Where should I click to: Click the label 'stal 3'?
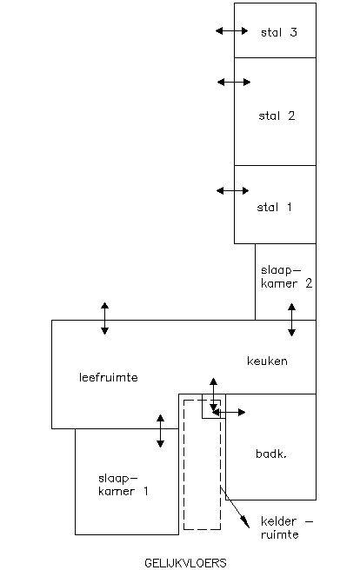(279, 32)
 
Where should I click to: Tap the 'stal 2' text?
(277, 116)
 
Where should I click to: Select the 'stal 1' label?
(274, 207)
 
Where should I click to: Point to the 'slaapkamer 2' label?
(287, 277)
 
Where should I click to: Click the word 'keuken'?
(267, 361)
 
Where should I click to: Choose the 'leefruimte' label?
(109, 377)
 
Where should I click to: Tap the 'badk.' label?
(271, 454)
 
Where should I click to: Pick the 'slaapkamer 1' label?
(123, 485)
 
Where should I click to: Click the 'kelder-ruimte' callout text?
(287, 527)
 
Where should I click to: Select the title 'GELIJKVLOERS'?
(185, 563)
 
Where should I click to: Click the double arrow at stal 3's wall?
(231, 31)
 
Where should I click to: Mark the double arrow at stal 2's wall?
(234, 83)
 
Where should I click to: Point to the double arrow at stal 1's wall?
(233, 190)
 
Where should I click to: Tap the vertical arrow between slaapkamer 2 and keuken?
(291, 320)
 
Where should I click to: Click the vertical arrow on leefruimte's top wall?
(104, 318)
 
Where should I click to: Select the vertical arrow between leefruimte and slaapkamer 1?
(160, 431)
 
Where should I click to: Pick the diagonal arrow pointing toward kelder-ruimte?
(235, 507)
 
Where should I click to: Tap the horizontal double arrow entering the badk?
(229, 412)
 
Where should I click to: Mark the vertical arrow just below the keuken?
(213, 394)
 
